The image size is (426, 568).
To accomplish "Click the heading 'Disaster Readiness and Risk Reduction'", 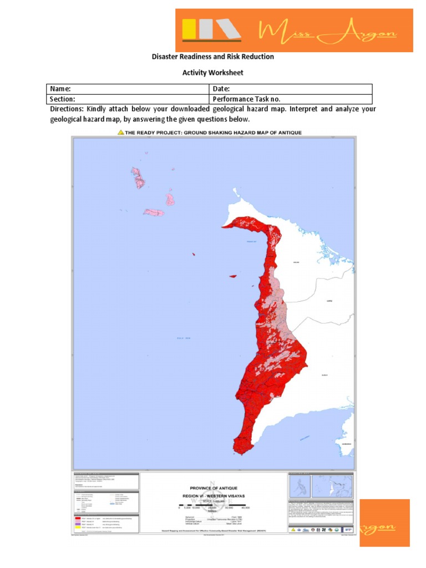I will click(213, 57).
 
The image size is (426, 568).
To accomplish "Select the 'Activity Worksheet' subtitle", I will click(213, 73).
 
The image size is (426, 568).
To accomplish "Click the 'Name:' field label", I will click(60, 89).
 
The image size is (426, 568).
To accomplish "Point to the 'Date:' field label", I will click(221, 89).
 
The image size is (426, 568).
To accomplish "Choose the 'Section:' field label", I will click(63, 99).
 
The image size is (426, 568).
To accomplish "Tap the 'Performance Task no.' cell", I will click(242, 99).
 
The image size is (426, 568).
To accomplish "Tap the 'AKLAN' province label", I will click(296, 263).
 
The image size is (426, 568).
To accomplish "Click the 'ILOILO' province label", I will click(324, 375).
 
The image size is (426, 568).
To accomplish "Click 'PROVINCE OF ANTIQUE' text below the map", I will click(213, 487).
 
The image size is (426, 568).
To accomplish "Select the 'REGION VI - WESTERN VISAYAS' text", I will click(213, 496).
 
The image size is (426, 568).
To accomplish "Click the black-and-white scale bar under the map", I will click(214, 504).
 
